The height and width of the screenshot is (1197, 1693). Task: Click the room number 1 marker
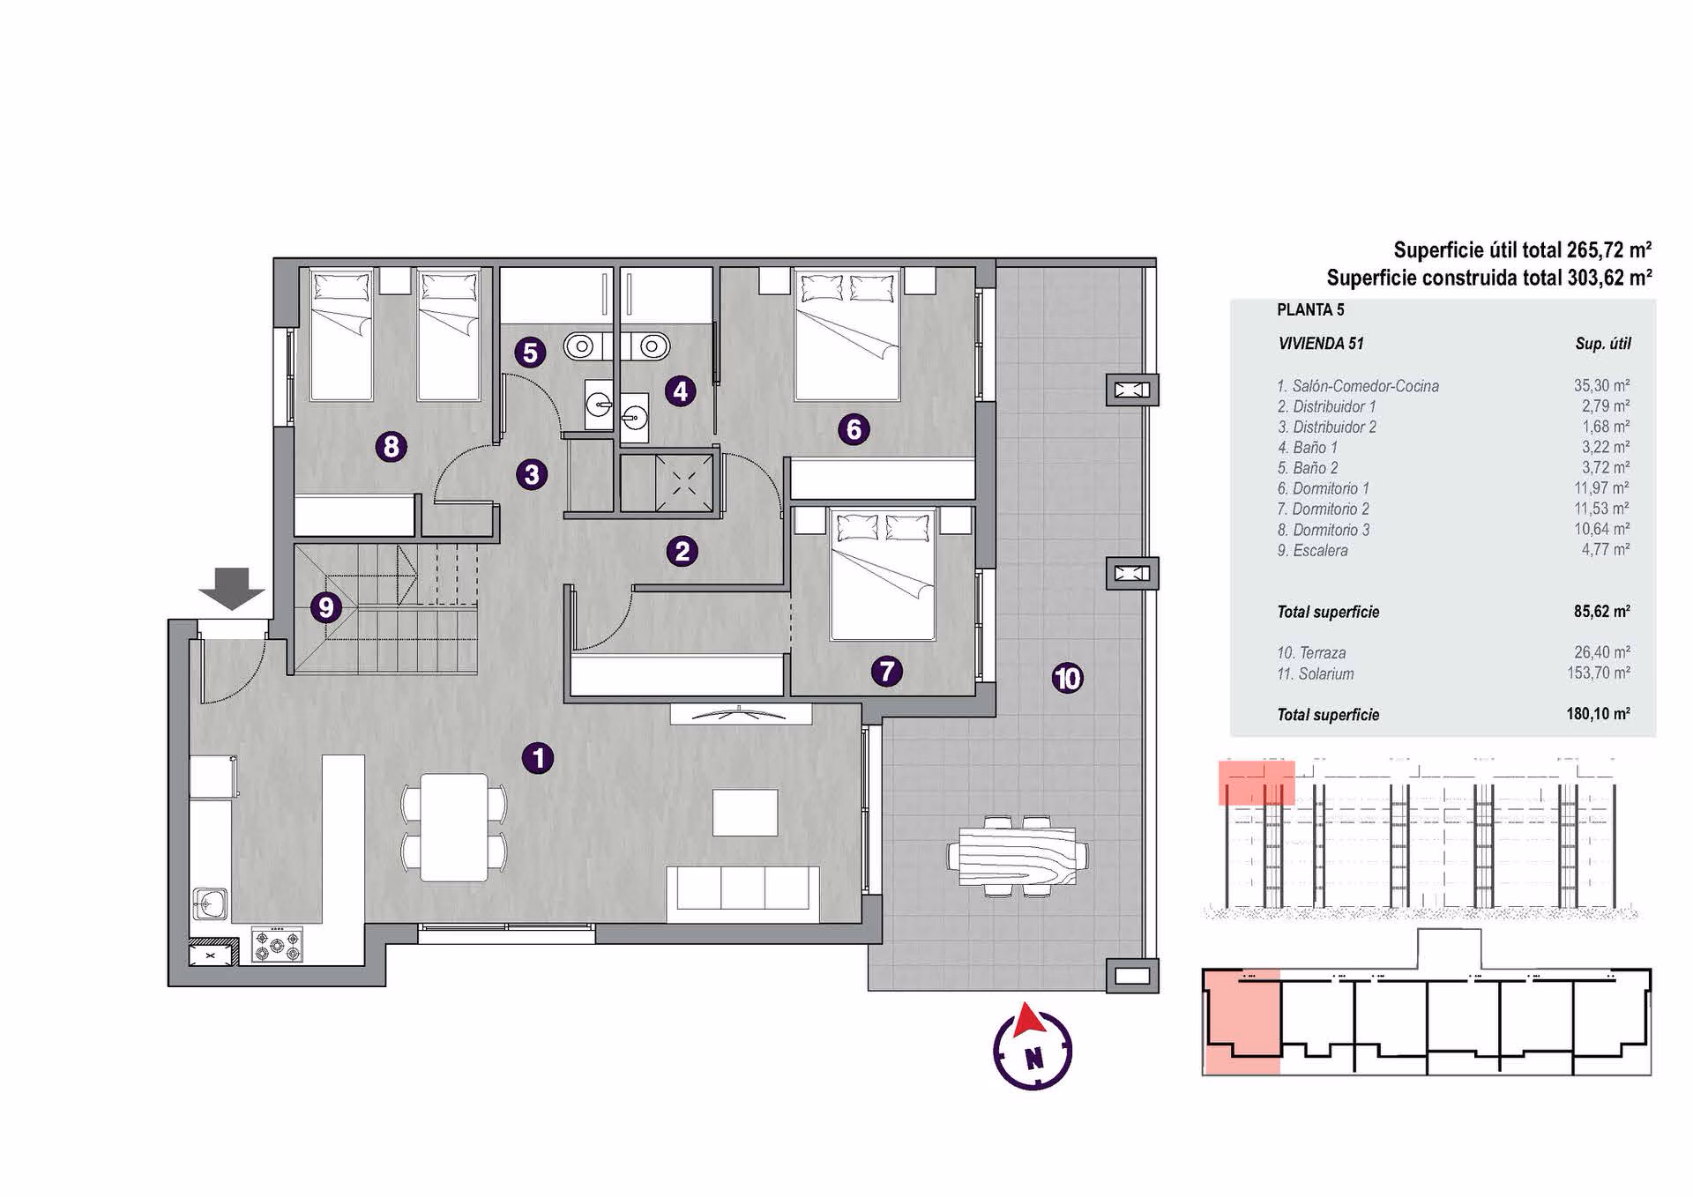tap(538, 758)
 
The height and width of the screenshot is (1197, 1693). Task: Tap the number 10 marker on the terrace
tap(1068, 679)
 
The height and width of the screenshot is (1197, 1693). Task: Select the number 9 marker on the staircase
tap(326, 607)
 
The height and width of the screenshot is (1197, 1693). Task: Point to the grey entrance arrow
tap(232, 589)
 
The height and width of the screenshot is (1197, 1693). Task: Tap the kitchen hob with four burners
tap(278, 944)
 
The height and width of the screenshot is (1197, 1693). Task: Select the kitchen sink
tap(210, 903)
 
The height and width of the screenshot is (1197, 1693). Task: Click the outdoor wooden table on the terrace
tap(1018, 856)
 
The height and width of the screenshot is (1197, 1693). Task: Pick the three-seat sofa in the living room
tap(743, 888)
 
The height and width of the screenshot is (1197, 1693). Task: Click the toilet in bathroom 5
tap(579, 346)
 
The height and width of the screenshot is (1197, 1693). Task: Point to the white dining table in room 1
tap(454, 828)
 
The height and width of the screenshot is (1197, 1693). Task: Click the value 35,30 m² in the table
tap(1602, 385)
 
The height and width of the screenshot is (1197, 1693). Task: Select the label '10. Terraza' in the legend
tap(1311, 653)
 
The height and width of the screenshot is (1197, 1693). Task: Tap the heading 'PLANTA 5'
tap(1310, 309)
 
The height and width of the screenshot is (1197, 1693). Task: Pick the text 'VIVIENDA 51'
tap(1321, 344)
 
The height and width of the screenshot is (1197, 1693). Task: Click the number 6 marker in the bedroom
tap(854, 430)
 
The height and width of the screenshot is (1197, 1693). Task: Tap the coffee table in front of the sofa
tap(745, 813)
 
